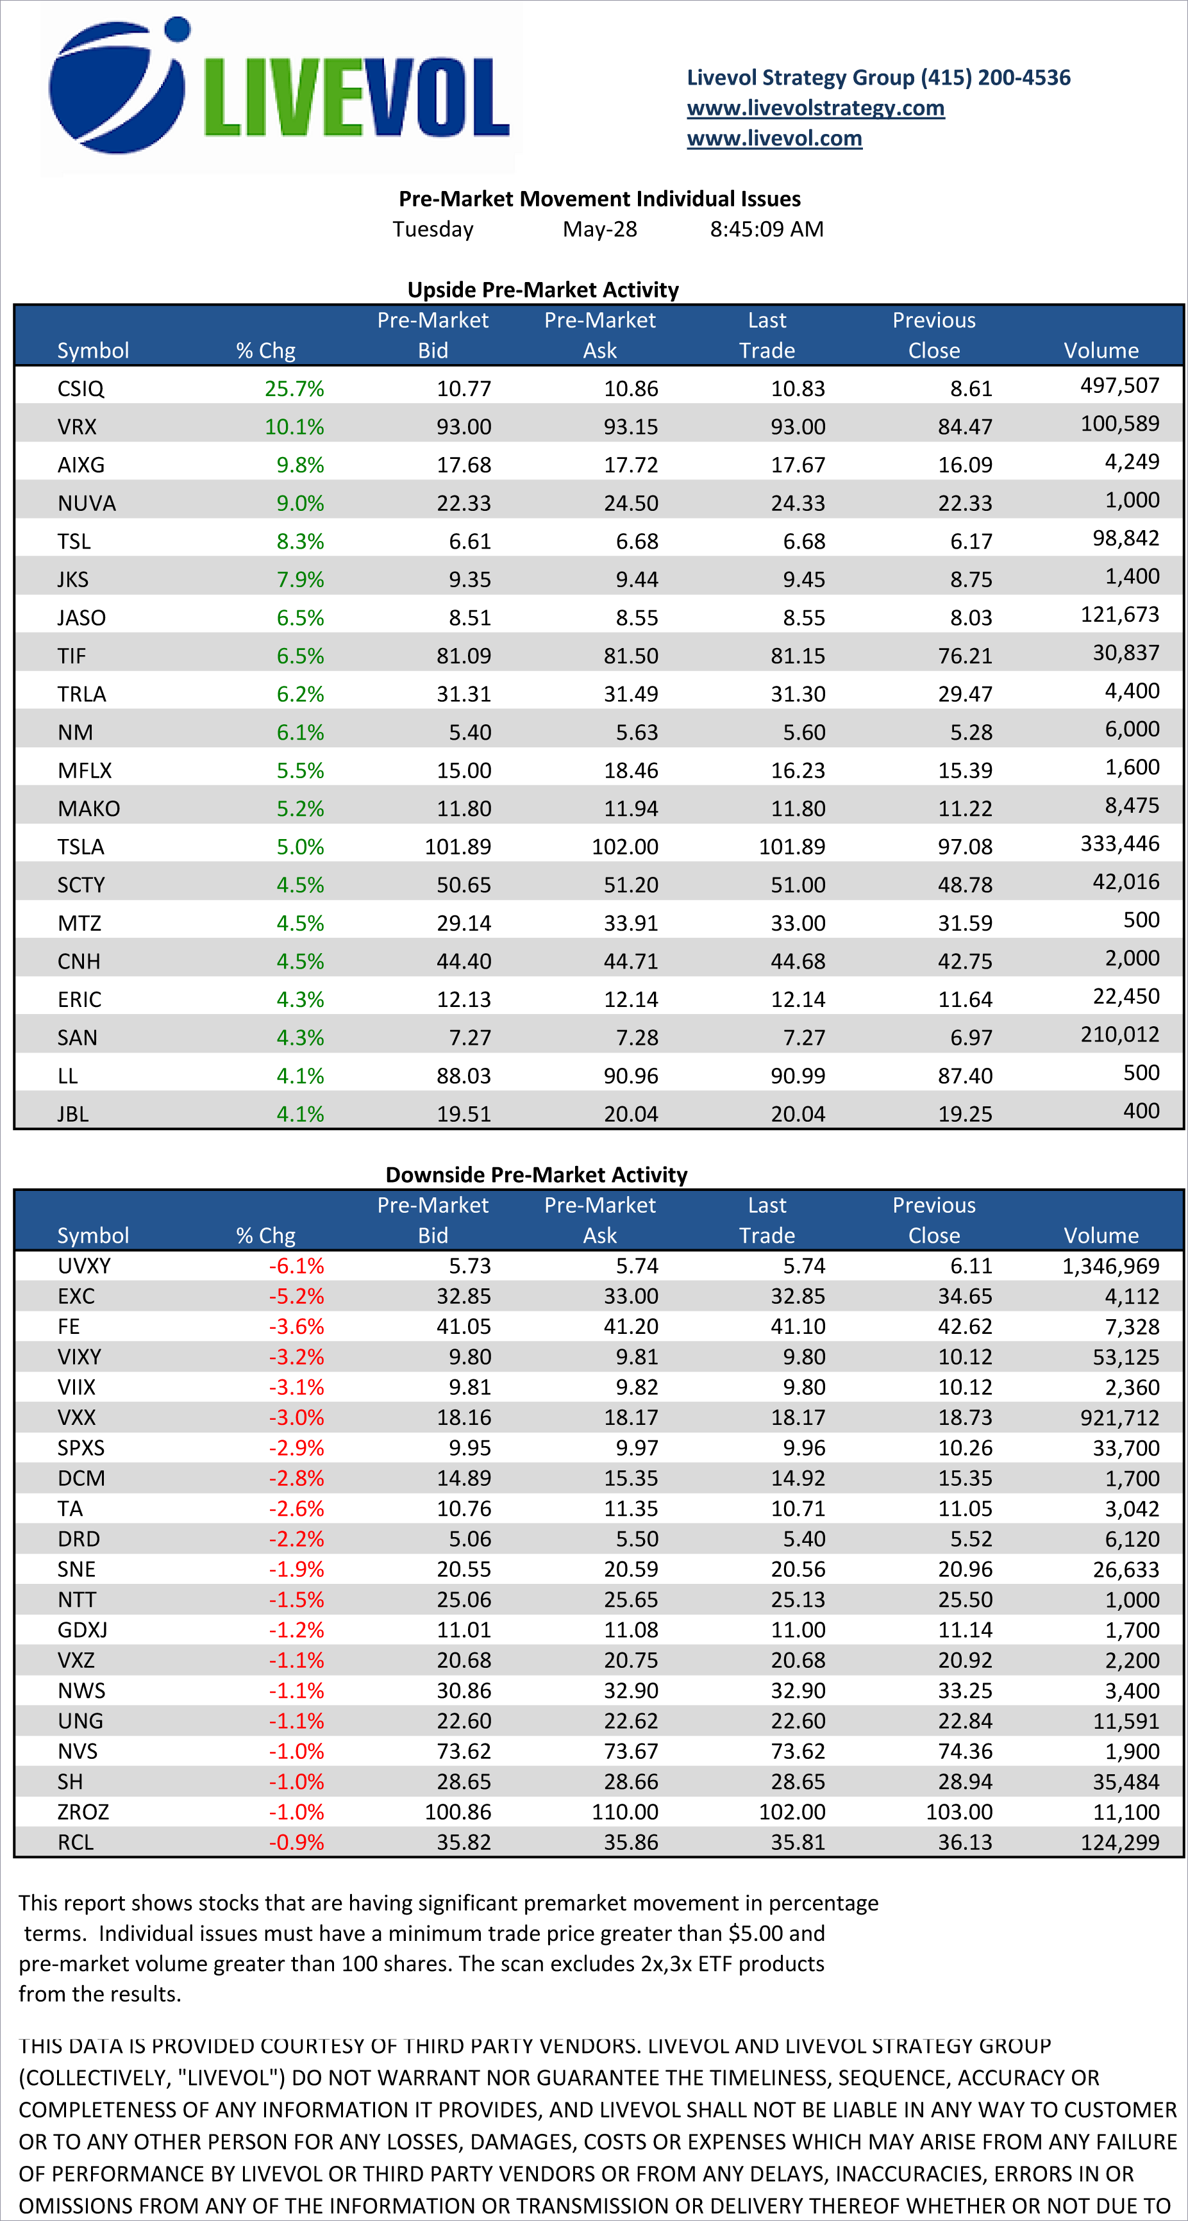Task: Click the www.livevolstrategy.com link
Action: [815, 108]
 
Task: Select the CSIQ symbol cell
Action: [80, 389]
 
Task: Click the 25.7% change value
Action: [294, 389]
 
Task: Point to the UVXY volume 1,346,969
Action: [1110, 1266]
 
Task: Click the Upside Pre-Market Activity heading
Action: [542, 290]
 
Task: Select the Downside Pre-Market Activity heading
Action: [535, 1174]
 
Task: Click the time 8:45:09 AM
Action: [766, 229]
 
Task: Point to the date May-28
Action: [599, 229]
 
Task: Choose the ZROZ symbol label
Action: [83, 1811]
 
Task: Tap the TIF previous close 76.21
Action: [965, 656]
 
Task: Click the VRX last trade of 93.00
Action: [798, 427]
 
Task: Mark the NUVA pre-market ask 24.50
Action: [630, 504]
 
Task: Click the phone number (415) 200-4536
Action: [995, 78]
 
